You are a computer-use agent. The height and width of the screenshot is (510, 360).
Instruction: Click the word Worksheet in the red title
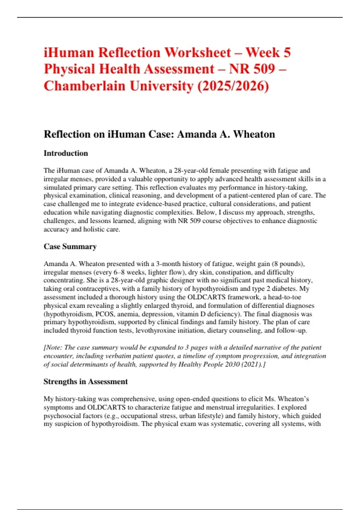click(198, 52)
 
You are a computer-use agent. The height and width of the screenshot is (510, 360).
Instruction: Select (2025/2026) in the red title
click(233, 86)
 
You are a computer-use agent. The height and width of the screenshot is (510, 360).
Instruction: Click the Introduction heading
click(66, 153)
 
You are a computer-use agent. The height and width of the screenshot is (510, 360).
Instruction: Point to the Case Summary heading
click(70, 247)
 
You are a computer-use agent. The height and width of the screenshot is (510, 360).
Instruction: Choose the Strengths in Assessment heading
click(85, 382)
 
